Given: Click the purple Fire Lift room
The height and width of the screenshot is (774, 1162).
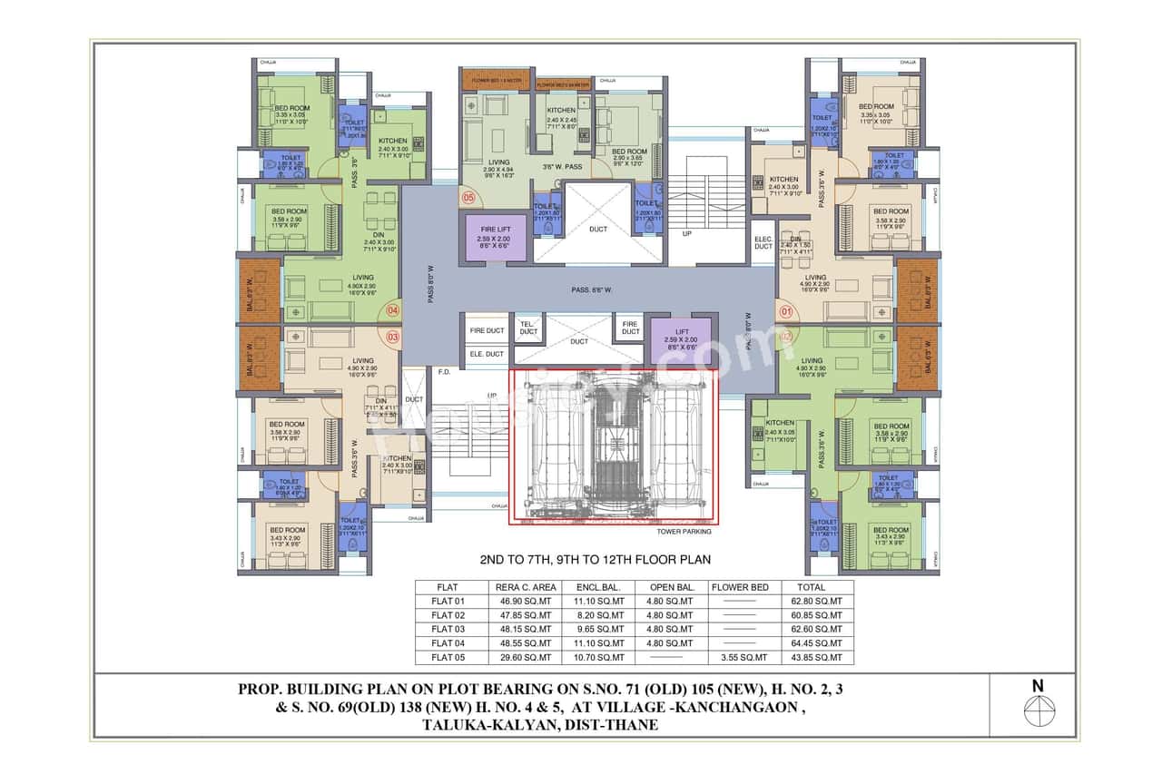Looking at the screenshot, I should (x=497, y=238).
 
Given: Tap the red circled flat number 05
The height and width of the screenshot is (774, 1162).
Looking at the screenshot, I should (x=468, y=197).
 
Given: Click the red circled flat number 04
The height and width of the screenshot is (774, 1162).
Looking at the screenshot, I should (x=392, y=309).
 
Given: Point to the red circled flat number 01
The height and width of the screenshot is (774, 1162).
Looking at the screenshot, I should (x=785, y=310).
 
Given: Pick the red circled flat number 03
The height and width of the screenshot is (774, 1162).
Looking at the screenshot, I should (x=392, y=337).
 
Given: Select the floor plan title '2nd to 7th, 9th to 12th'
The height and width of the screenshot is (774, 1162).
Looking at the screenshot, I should (x=595, y=560).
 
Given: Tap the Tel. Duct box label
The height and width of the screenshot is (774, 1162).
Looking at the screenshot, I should (x=527, y=328).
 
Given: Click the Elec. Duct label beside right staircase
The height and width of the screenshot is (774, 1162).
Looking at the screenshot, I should (x=763, y=242).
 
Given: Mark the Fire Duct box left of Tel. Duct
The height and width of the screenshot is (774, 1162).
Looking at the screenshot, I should (x=487, y=331).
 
